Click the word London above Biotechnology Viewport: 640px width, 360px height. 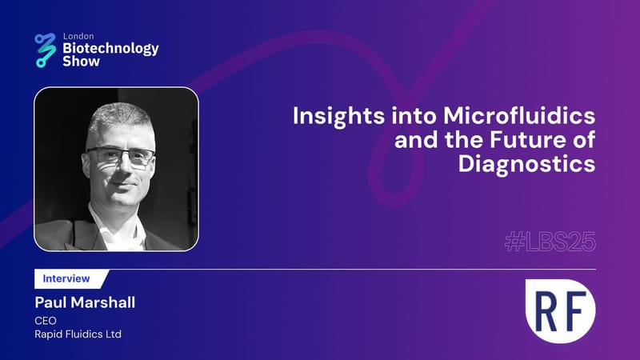(x=78, y=36)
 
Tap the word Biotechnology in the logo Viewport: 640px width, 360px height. (x=110, y=49)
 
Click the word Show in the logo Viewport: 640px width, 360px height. (x=82, y=62)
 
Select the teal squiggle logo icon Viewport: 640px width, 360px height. (x=46, y=50)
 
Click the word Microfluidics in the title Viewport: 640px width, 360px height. (x=519, y=115)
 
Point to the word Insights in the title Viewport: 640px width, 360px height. (x=338, y=117)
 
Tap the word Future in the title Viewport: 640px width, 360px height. (x=527, y=139)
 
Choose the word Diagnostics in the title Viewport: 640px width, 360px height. (x=526, y=164)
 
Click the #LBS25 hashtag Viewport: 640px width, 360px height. (x=550, y=242)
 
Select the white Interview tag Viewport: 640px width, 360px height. (x=70, y=278)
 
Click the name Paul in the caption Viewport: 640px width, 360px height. (x=50, y=302)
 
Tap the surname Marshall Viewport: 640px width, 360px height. (x=102, y=302)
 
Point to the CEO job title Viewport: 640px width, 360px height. (x=46, y=321)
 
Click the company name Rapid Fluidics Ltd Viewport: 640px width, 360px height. (x=78, y=334)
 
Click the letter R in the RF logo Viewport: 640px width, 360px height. (x=546, y=311)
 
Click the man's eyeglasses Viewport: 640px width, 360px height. (x=121, y=156)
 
